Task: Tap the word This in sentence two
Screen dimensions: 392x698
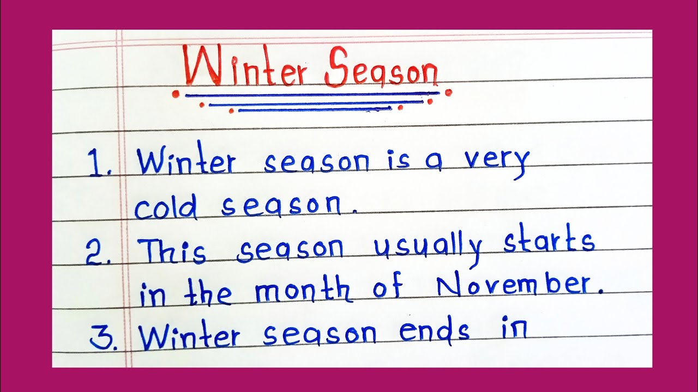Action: [172, 251]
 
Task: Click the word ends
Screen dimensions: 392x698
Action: [434, 332]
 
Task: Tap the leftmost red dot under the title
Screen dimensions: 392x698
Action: [176, 94]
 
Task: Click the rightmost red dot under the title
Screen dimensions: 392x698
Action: [448, 93]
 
